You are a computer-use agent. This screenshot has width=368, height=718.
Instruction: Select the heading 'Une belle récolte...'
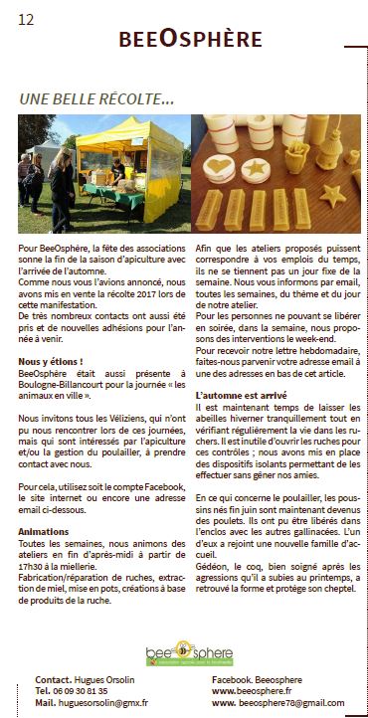tap(96, 98)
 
